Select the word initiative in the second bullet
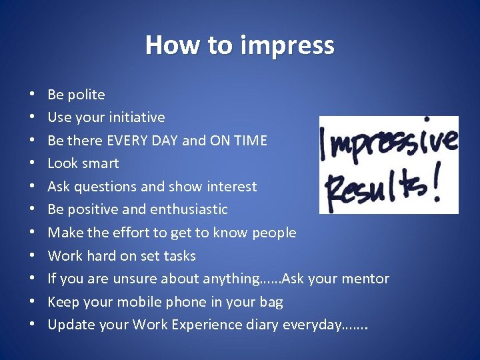tap(139, 117)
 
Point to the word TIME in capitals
tap(251, 141)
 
